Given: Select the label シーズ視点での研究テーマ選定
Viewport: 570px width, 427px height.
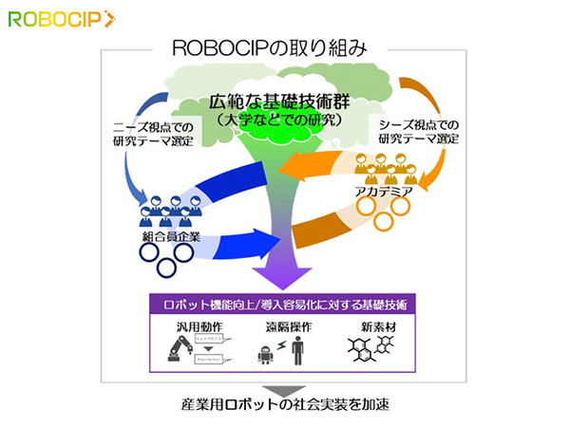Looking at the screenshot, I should coord(419,134).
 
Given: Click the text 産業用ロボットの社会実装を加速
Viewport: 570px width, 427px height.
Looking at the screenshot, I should coord(285,405).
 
